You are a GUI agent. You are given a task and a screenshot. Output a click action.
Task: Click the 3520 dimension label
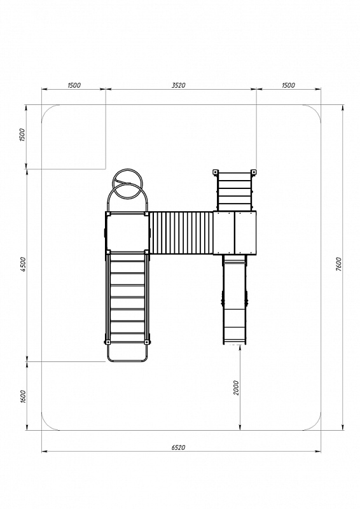[178, 85]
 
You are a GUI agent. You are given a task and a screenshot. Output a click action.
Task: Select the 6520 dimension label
[178, 447]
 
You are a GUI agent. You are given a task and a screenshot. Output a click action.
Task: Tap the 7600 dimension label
[338, 264]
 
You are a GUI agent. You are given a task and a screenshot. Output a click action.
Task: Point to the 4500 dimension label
[22, 264]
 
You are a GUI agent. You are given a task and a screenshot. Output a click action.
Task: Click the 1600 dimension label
[22, 396]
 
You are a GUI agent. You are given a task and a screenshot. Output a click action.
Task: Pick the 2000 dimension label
[236, 387]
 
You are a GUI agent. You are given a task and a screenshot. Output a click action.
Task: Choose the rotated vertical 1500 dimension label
[22, 135]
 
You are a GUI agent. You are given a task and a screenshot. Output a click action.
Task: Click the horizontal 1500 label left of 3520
[74, 85]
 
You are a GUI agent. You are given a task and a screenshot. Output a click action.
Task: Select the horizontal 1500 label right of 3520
[288, 85]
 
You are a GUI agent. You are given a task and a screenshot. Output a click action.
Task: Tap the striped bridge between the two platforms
[181, 233]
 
